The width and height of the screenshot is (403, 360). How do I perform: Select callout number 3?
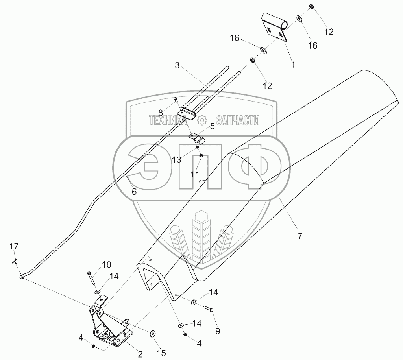[x=177, y=65]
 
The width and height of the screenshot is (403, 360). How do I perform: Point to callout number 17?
[x=14, y=247]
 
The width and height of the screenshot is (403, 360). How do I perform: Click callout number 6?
[x=134, y=192]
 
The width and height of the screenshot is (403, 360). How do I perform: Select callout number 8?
[x=161, y=112]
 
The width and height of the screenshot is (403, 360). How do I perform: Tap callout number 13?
[x=177, y=161]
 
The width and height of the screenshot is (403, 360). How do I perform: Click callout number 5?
[x=212, y=126]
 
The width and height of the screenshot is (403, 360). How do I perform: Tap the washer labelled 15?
[x=152, y=334]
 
